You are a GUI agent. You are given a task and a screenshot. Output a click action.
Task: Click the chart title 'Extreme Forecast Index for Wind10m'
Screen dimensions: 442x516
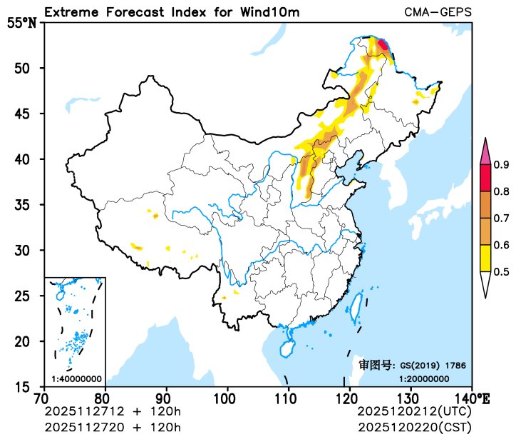tap(172, 13)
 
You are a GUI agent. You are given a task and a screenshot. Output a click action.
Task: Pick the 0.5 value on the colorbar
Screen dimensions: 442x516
tap(501, 271)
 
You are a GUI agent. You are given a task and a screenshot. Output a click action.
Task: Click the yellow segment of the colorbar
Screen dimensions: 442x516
tap(486, 258)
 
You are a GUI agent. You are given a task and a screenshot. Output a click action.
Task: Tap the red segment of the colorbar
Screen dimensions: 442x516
tap(486, 179)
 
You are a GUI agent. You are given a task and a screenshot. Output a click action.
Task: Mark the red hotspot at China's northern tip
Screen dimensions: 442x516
tap(383, 45)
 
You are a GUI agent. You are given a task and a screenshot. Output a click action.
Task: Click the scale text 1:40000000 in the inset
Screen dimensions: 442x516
tap(76, 378)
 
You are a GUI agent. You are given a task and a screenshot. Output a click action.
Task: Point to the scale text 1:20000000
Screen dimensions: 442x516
tap(423, 378)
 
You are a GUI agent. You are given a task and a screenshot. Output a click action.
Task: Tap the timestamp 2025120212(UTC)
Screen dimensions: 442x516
tap(414, 412)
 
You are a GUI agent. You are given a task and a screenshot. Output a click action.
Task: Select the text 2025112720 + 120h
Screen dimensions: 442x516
tap(113, 427)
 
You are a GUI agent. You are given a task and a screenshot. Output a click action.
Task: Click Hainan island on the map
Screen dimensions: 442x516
tap(286, 349)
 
